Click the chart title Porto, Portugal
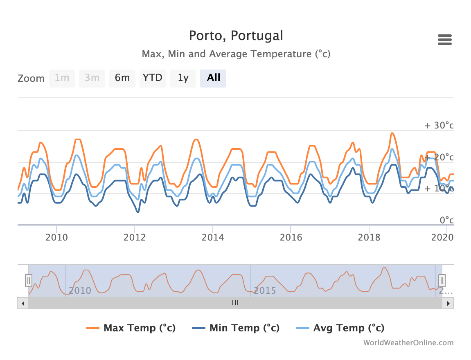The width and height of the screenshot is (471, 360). tap(236, 36)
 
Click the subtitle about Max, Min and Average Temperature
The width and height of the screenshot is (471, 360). tap(236, 54)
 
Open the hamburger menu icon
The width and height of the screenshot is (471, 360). tap(444, 40)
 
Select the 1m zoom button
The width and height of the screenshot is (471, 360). tap(62, 78)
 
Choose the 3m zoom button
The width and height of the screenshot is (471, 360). tap(92, 78)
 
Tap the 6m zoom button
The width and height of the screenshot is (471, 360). tap(122, 78)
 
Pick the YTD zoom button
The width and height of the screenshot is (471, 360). tap(153, 78)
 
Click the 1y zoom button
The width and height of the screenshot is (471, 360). tap(183, 78)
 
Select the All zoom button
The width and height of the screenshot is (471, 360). tap(213, 78)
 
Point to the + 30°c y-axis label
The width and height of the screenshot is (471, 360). tap(439, 125)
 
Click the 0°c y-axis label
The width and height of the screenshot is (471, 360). tap(446, 220)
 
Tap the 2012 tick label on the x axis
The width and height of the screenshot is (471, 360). tap(135, 237)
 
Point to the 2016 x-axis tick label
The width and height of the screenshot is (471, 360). tap(291, 237)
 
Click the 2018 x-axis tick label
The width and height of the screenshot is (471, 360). tap(369, 237)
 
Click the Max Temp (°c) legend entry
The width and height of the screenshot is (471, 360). tap(131, 328)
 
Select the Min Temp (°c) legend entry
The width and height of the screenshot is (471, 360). tap(236, 328)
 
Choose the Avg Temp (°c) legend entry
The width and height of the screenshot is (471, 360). tap(340, 328)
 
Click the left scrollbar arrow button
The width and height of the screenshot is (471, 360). tap(23, 303)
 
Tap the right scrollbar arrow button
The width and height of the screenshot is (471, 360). tap(448, 303)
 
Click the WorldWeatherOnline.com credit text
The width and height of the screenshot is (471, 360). tap(408, 343)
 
